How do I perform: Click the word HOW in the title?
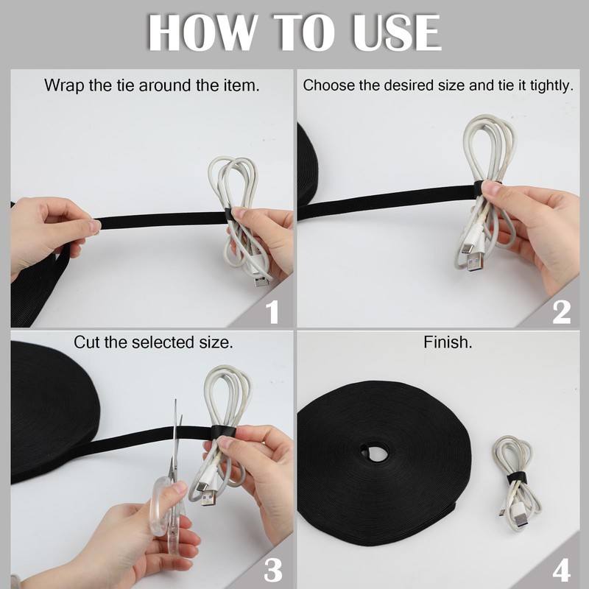(x=200, y=32)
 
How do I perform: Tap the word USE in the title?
(x=396, y=32)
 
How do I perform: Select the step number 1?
(x=272, y=311)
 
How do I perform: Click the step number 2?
(x=562, y=311)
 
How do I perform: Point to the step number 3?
(x=272, y=570)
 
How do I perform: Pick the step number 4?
(x=562, y=570)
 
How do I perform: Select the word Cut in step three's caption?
(x=87, y=342)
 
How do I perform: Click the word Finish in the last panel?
(x=448, y=342)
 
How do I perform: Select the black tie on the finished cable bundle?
(x=517, y=478)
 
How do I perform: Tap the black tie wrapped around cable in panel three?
(x=222, y=432)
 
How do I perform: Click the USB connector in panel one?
(x=262, y=281)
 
